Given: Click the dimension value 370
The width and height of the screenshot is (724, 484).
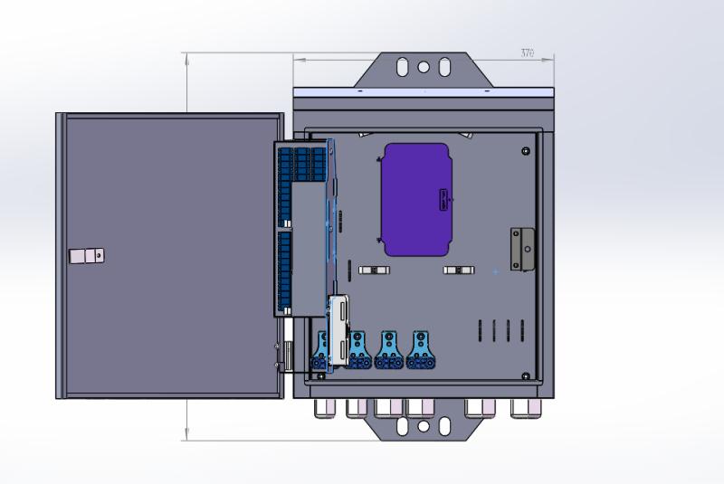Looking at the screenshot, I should point(527,53).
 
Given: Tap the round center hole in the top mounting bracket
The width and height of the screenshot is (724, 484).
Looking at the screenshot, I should point(423,66).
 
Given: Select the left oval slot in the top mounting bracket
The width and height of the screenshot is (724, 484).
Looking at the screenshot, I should point(401,66).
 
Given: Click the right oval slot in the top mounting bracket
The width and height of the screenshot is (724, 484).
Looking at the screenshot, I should point(444,66).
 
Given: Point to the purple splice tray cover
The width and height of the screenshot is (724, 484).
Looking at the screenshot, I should point(416,199).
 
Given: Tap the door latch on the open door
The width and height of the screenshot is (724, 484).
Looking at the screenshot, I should point(88,256).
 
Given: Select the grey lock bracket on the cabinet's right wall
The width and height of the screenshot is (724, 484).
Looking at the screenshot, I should point(522,249).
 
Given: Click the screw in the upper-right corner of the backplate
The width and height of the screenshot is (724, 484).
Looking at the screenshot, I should point(526,150).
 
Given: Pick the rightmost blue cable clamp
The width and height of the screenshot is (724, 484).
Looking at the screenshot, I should point(419,350).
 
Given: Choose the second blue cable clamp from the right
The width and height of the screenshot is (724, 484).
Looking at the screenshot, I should point(389,350).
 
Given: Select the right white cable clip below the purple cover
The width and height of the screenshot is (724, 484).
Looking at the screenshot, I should point(458,270).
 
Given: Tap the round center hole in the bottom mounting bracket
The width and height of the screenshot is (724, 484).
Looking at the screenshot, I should point(423,424).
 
